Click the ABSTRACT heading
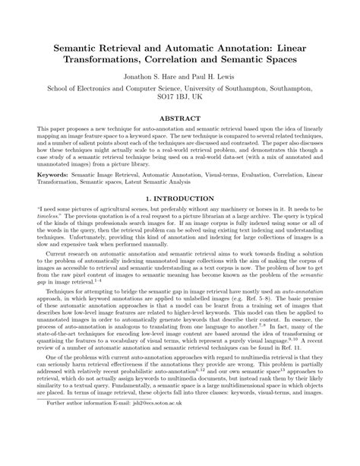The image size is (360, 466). tap(180, 119)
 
